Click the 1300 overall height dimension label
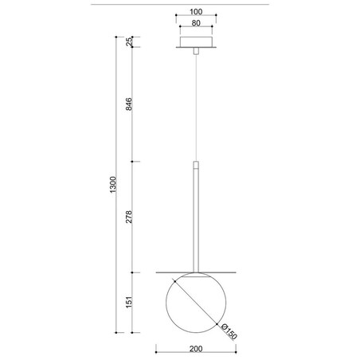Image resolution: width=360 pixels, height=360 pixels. point(112,186)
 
